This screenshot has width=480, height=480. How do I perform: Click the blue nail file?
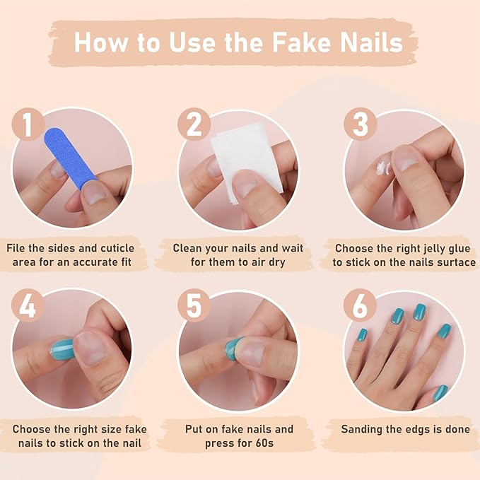(71, 157)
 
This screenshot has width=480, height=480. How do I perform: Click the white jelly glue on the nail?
(382, 168)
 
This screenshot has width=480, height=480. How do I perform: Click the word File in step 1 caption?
(18, 249)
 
